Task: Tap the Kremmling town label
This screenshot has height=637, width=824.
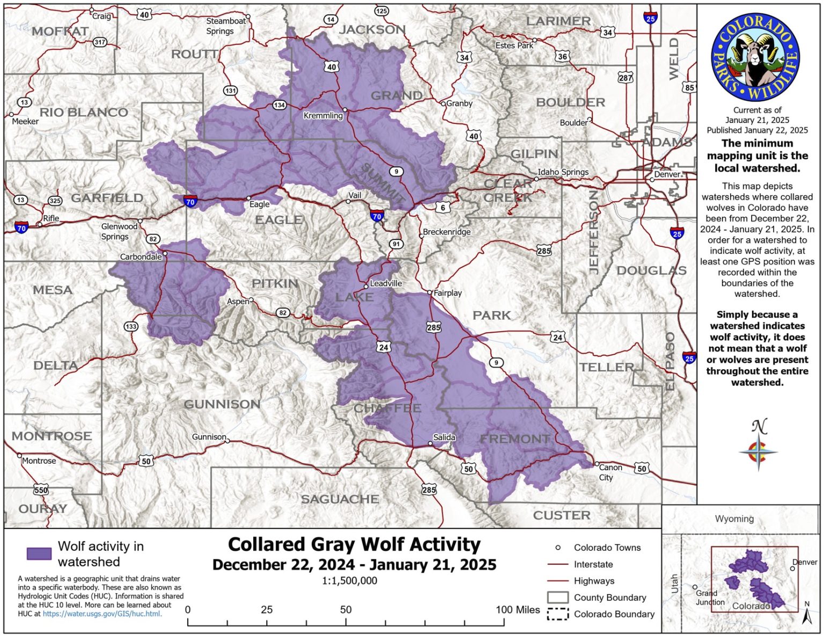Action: click(322, 115)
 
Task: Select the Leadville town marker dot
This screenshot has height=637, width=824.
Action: click(366, 287)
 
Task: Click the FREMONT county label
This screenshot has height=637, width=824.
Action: click(514, 439)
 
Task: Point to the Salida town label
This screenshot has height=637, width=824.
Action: click(444, 437)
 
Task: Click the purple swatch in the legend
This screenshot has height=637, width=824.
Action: click(39, 553)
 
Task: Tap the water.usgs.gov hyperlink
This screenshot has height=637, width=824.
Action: click(102, 613)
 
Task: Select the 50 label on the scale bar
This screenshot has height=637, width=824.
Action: click(345, 610)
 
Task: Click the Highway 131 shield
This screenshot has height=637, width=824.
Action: click(231, 90)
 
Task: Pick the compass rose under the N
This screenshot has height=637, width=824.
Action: click(758, 452)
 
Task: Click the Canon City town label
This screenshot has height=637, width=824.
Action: click(610, 472)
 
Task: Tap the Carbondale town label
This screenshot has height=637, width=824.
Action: click(141, 257)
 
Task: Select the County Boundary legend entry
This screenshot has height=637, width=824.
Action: click(609, 597)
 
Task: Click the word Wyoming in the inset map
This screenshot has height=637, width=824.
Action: click(734, 518)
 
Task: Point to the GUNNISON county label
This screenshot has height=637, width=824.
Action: click(222, 404)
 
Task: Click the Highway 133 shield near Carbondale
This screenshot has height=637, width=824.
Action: click(131, 326)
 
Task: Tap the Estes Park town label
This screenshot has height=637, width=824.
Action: click(514, 46)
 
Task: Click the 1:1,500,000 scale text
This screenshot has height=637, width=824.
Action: click(349, 581)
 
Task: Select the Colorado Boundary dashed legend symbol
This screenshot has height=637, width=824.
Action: click(557, 614)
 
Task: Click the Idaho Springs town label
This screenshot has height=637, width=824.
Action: click(563, 172)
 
